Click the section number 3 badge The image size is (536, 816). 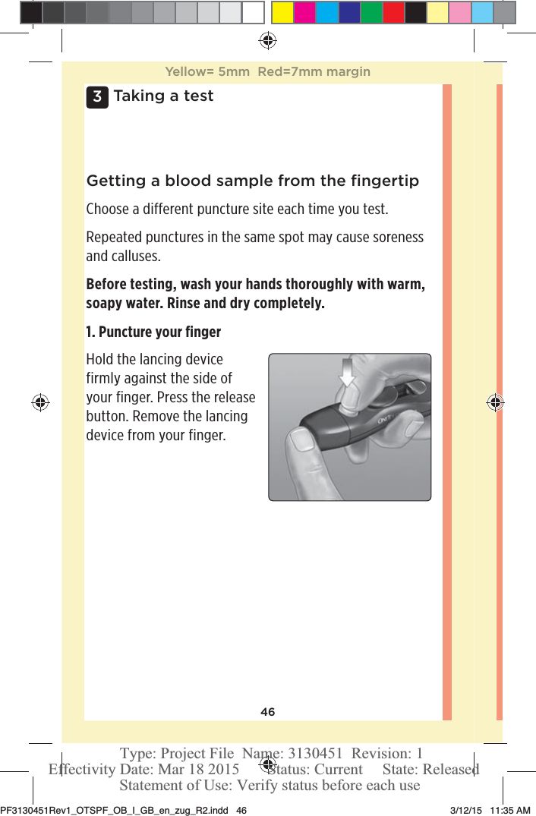97,97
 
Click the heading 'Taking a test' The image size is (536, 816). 163,96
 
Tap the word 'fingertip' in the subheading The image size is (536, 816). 385,181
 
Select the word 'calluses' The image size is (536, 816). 121,256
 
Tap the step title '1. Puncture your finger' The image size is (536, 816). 153,332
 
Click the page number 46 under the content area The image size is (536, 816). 267,712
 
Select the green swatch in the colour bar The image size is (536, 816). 371,13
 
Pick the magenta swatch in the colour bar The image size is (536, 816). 305,13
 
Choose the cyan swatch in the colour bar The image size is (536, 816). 327,13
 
